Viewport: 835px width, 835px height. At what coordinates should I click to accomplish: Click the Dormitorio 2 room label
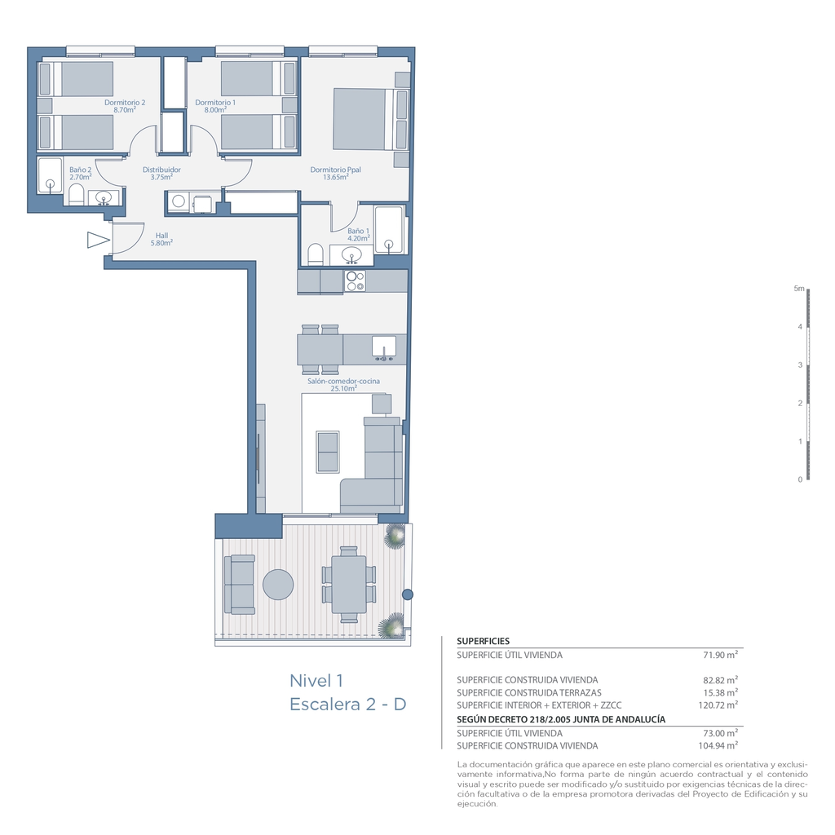125,103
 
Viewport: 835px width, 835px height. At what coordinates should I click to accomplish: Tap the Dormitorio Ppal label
335,170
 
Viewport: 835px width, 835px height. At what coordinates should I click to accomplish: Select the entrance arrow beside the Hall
99,241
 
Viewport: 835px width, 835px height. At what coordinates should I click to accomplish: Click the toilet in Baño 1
316,254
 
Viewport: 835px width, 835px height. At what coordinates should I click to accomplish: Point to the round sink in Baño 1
351,254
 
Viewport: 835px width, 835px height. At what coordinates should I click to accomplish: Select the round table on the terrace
278,585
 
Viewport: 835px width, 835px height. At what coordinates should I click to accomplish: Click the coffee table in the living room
328,452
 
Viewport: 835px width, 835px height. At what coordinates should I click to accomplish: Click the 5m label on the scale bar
799,289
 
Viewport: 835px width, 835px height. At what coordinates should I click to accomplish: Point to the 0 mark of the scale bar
800,479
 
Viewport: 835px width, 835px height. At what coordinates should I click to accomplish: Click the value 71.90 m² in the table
721,655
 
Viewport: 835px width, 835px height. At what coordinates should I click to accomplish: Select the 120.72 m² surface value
718,705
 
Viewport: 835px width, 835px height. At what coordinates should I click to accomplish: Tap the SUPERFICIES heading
483,641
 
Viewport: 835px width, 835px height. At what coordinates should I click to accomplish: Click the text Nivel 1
316,681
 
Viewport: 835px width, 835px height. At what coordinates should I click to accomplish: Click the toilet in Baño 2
76,195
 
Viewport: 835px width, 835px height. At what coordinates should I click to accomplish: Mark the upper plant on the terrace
395,535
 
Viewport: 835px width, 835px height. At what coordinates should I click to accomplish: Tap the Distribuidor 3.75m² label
161,174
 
